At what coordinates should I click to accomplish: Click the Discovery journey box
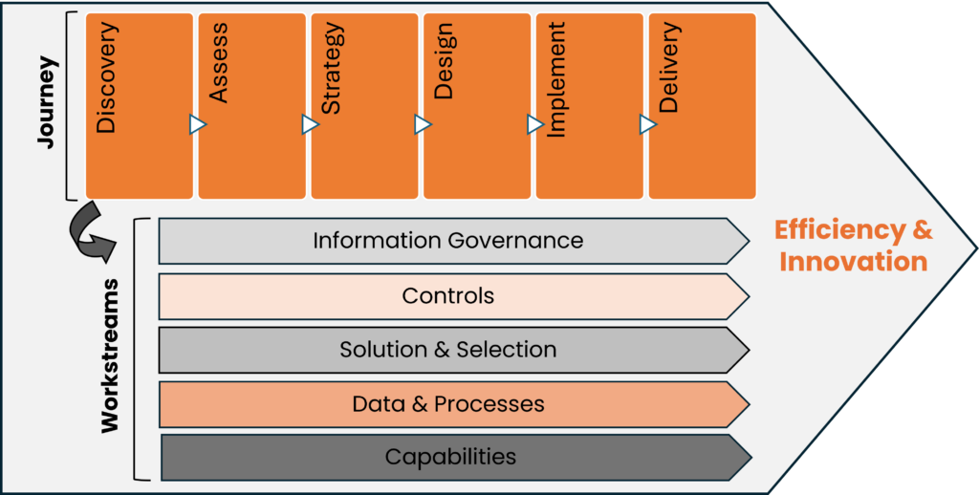[x=139, y=105]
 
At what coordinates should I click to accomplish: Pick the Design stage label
[x=444, y=61]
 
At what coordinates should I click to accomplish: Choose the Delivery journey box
[x=702, y=105]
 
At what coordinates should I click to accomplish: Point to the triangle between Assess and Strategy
[x=310, y=124]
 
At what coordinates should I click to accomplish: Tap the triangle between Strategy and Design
[x=423, y=124]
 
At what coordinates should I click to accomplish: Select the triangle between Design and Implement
[x=535, y=124]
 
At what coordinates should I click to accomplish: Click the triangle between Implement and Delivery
[x=648, y=124]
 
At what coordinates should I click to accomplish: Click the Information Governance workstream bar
[x=449, y=240]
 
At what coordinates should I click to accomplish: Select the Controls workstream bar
[x=449, y=295]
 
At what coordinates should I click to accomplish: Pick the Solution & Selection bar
[x=449, y=350]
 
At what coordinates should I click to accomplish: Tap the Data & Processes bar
[x=449, y=404]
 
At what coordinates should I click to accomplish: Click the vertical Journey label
[x=47, y=102]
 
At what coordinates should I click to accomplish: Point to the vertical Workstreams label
[x=111, y=355]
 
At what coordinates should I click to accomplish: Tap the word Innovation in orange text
[x=853, y=262]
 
